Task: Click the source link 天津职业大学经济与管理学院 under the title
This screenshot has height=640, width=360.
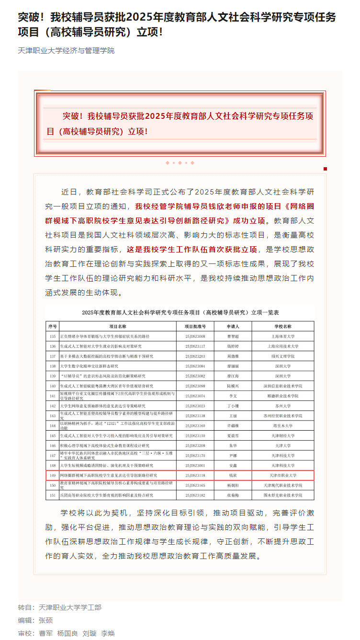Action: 66,51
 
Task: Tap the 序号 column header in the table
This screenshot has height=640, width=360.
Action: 52,326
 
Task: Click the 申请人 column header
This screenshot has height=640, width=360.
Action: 233,326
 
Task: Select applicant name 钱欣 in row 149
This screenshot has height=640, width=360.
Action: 233,475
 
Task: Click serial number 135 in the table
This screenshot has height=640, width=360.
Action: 52,336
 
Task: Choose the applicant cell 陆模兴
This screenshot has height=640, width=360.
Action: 233,386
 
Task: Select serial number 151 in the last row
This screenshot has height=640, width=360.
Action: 52,495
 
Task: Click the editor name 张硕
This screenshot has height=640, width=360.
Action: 46,620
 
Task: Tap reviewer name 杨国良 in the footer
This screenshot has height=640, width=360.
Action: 67,633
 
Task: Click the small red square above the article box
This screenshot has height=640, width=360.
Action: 325,169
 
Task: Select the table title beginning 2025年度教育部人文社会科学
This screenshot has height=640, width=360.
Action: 180,312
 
